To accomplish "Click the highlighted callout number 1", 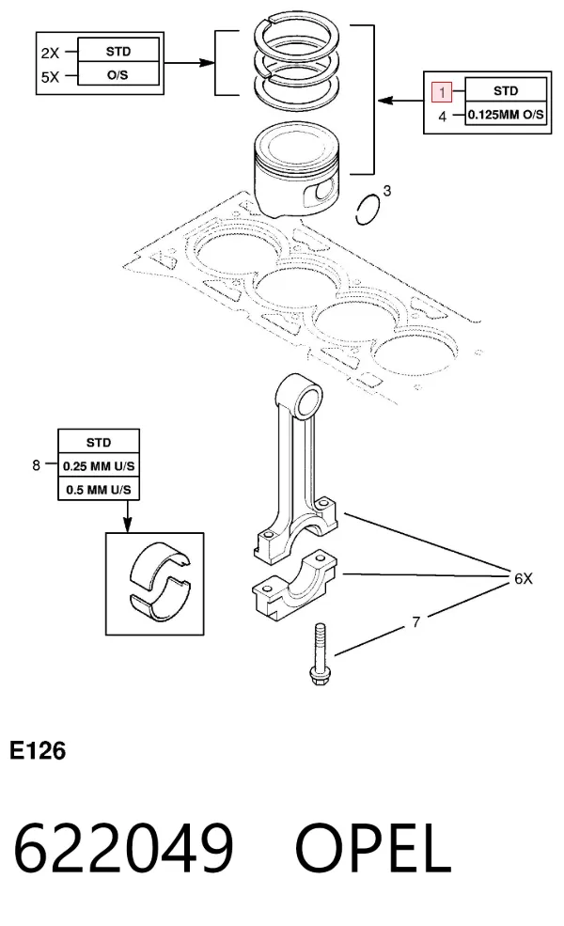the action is (x=442, y=92).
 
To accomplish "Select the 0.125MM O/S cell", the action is (x=506, y=114).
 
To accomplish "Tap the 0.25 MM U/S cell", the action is (x=99, y=466).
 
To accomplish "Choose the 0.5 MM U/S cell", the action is (x=99, y=490).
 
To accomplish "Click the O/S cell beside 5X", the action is (x=118, y=74).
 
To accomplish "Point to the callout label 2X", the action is (x=50, y=53).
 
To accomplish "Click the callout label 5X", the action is (x=50, y=77).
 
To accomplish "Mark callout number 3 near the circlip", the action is (x=387, y=190).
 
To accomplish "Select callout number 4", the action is (x=443, y=117).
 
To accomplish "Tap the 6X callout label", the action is (x=524, y=578).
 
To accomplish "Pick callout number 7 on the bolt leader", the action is (x=415, y=621).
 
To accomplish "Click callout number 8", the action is (x=36, y=465).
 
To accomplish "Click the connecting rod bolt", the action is (x=319, y=654).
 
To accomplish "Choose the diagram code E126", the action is (x=38, y=750).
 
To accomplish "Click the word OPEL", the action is (x=373, y=849).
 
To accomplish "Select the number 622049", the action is (x=123, y=849).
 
